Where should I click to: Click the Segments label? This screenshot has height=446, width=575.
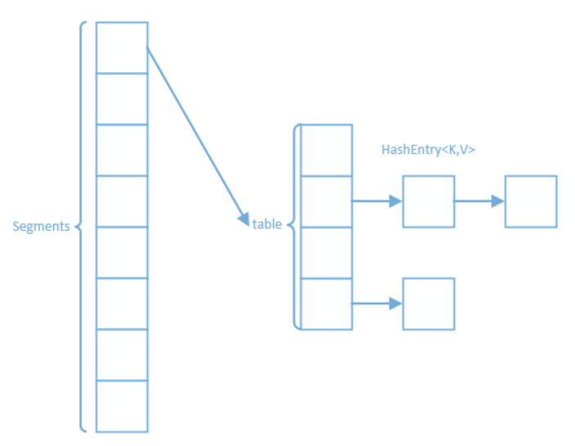pos(41,227)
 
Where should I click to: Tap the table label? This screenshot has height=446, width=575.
pos(267,224)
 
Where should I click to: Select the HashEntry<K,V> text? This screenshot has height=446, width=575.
pos(428,151)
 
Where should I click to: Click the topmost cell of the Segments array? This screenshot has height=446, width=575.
pos(122,47)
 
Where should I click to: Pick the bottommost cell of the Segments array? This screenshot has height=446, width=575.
pos(122,406)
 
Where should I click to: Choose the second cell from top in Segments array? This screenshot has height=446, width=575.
pos(122,99)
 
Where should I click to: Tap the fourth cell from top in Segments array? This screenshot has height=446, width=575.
pos(122,201)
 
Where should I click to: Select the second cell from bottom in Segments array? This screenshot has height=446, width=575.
pos(122,354)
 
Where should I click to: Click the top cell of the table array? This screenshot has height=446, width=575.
pos(327,150)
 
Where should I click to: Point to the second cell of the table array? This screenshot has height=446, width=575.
pos(327,201)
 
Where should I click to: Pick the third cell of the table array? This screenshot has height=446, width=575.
pos(327,252)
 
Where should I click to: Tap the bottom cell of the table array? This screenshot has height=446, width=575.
pos(327,304)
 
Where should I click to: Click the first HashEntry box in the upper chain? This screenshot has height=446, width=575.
pos(428,201)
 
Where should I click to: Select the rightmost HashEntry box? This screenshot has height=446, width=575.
pos(531,201)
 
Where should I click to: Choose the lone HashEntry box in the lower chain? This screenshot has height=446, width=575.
pos(428,304)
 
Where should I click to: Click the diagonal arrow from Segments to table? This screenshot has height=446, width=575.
pos(196,135)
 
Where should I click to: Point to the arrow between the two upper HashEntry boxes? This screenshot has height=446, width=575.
pos(479,201)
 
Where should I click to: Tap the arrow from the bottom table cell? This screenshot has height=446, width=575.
pos(377,304)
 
